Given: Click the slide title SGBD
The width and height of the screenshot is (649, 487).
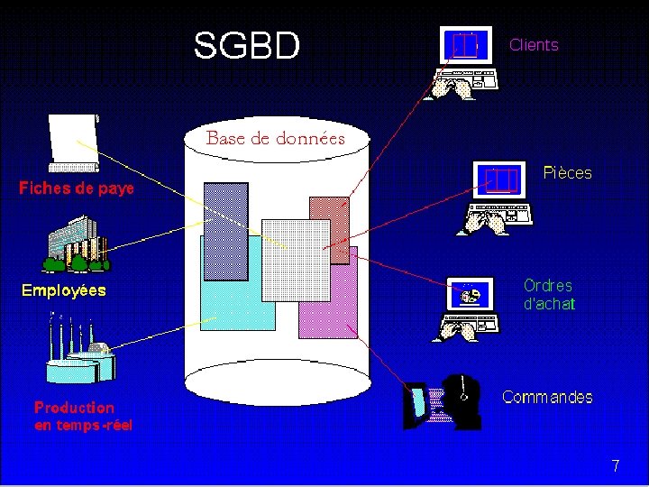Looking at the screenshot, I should point(246,46).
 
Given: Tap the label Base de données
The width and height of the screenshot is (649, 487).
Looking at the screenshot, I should point(276,139).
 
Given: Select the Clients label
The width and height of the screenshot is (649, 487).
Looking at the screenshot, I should point(534,45).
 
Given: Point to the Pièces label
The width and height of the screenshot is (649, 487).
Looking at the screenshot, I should point(568,173).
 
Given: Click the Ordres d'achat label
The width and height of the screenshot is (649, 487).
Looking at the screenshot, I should point(548,295).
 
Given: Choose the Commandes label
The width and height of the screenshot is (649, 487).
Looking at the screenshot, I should point(547,397).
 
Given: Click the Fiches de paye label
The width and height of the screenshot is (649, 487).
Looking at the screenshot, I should point(77,188).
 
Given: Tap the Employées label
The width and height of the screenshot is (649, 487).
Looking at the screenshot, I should point(63,290).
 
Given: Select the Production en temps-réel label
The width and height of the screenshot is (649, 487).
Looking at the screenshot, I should point(83,416).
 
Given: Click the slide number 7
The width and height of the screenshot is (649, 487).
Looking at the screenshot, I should point(616,466).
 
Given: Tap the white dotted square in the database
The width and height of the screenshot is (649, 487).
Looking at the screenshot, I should point(292,259).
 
